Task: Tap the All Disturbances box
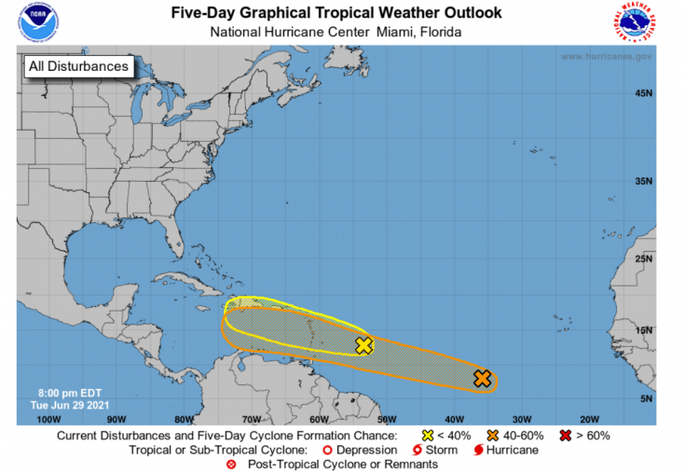[x=78, y=66]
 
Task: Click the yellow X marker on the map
[x=364, y=345]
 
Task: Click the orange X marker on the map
[x=482, y=378]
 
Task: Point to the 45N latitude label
[x=643, y=93]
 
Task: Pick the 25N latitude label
[x=643, y=258]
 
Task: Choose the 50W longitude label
[x=386, y=419]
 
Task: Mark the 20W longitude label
[x=589, y=419]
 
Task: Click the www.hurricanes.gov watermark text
[x=607, y=57]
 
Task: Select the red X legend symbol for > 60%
[x=566, y=436]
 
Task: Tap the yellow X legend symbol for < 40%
[x=428, y=436]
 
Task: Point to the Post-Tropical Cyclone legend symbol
[x=231, y=465]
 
